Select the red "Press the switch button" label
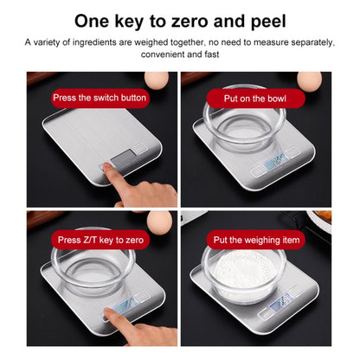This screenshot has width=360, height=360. (100, 98)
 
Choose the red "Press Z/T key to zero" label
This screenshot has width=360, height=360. (100, 240)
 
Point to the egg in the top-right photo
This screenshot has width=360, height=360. (309, 80)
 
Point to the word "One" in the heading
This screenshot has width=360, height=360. (95, 19)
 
